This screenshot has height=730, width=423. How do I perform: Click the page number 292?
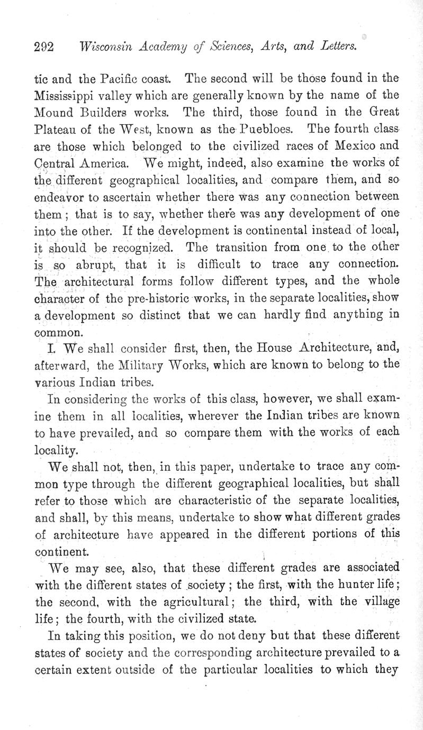pos(44,47)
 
